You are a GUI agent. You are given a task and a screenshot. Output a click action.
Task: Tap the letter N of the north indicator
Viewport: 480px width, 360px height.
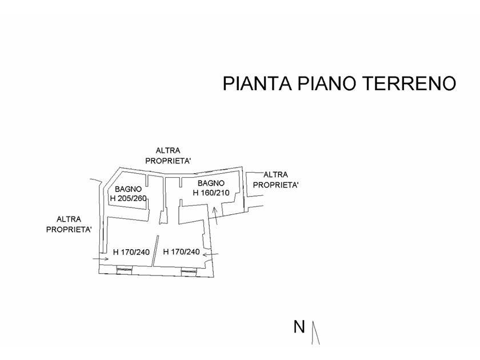(x=299, y=327)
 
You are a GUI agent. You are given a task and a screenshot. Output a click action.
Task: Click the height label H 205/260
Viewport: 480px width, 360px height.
(x=129, y=198)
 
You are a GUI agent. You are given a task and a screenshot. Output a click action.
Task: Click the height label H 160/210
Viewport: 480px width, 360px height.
(x=211, y=193)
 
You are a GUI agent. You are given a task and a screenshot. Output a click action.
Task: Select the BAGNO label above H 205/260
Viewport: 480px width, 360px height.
(x=129, y=189)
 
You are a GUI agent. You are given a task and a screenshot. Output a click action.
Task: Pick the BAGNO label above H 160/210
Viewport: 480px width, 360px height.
(x=211, y=183)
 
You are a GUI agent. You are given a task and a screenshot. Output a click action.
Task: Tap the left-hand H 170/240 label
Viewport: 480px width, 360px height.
(x=132, y=251)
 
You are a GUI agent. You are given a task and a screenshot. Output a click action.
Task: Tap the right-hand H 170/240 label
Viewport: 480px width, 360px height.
(x=182, y=251)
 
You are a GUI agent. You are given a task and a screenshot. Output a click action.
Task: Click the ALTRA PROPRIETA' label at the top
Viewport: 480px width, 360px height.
(x=167, y=156)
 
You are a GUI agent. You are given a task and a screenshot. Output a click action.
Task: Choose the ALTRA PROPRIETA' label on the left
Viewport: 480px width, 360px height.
(x=69, y=225)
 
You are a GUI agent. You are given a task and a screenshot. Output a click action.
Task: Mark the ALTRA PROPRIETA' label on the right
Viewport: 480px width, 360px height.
(x=275, y=179)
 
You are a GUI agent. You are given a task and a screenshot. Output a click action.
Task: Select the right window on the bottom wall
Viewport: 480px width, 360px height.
(x=188, y=270)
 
